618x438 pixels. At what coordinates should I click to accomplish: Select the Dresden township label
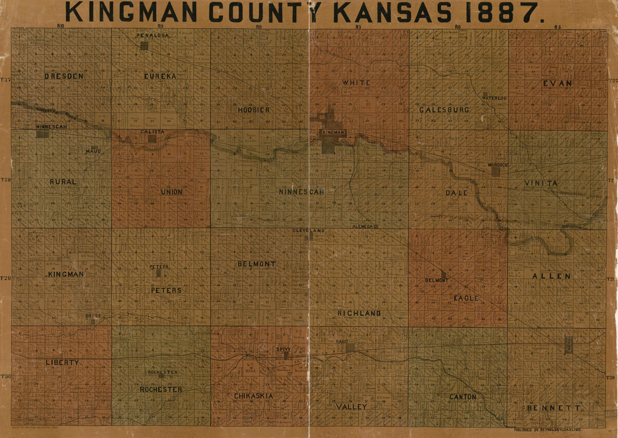(x=63, y=75)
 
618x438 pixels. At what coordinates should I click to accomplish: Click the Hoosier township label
(x=253, y=110)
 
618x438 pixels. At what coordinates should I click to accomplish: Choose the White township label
(x=356, y=83)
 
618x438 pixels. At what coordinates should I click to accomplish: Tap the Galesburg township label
(x=444, y=110)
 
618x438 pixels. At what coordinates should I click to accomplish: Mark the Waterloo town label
(x=494, y=98)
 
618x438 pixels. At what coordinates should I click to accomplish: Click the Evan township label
(x=557, y=83)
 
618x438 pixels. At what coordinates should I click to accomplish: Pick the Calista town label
(x=153, y=132)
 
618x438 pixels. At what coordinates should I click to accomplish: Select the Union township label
(x=171, y=192)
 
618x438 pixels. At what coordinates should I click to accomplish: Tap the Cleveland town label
(x=308, y=231)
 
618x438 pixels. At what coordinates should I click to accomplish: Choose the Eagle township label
(x=466, y=298)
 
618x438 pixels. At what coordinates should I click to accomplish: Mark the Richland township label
(x=359, y=313)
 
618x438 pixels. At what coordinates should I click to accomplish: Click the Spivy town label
(x=283, y=349)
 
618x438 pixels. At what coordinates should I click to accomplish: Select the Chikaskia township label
(x=254, y=396)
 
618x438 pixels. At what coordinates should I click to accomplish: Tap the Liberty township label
(x=62, y=362)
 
